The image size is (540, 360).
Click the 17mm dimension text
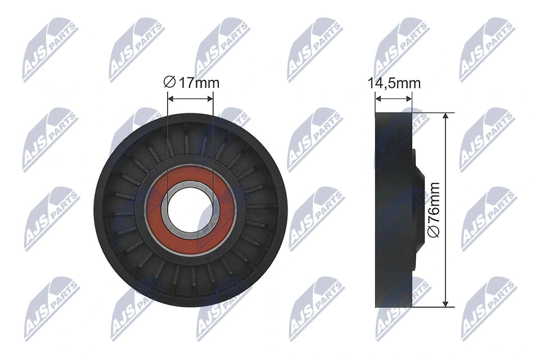tap(199, 83)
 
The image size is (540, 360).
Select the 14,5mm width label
tap(394, 83)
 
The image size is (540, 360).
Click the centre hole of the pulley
tap(190, 209)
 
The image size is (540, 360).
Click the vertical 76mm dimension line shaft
tap(445, 169)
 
